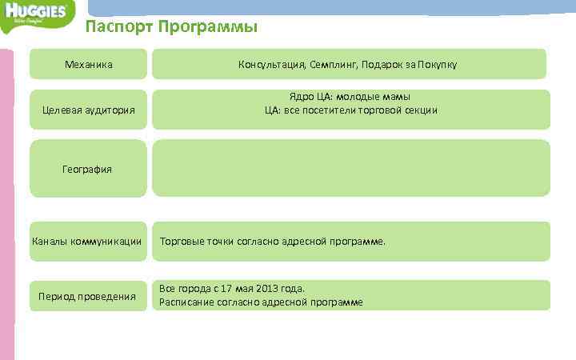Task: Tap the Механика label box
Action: (88, 64)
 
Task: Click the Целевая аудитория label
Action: (88, 110)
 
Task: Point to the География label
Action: (88, 169)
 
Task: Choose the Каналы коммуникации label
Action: (86, 241)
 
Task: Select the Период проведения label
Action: (88, 297)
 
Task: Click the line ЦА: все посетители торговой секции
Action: (351, 110)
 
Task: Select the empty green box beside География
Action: (351, 168)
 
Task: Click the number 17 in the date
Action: (229, 288)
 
